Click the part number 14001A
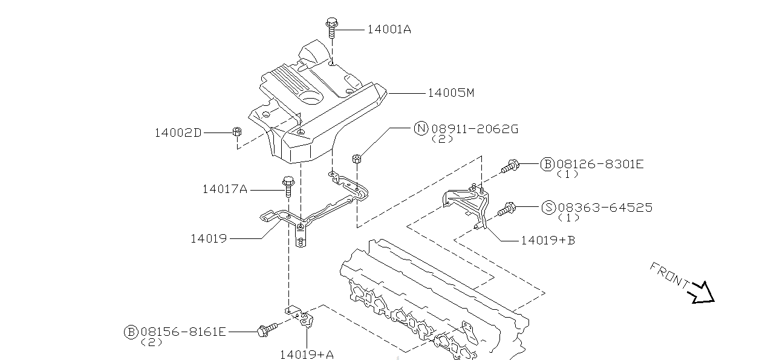pos(389,30)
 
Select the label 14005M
pos(451,93)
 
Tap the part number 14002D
pos(178,133)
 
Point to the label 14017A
pos(225,189)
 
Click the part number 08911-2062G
pos(475,129)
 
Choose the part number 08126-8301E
pos(600,164)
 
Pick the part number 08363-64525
pos(605,208)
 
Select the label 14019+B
pos(548,240)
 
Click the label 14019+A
pos(307,355)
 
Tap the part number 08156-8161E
pos(183,332)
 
